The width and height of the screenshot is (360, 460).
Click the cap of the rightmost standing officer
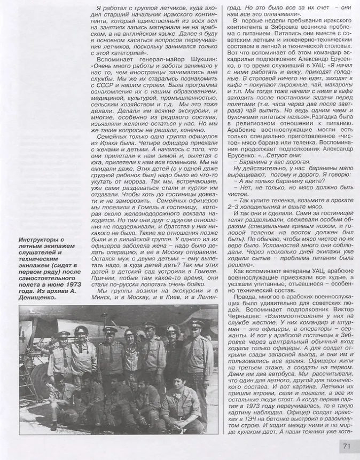pos(196,324)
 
